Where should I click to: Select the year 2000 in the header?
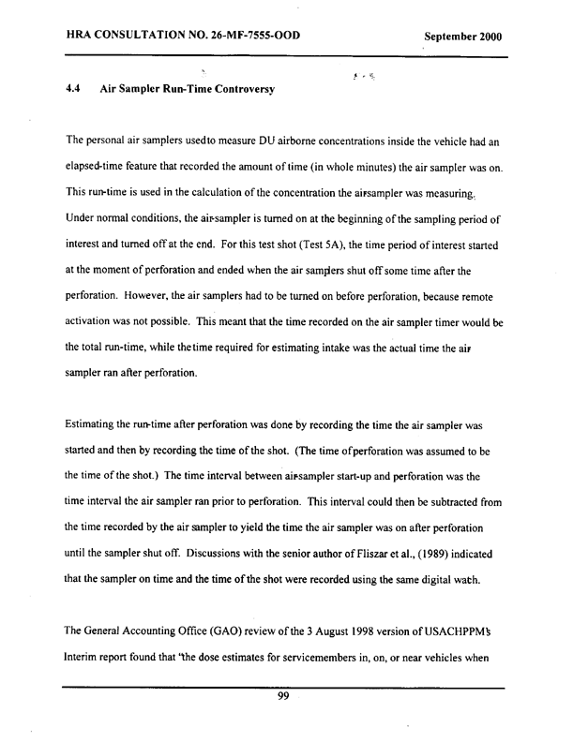coord(488,37)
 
